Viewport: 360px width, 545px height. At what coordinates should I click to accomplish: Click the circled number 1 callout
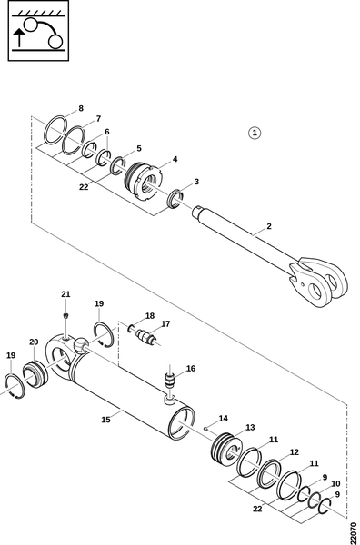point(255,133)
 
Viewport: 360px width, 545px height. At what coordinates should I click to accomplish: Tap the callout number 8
point(81,108)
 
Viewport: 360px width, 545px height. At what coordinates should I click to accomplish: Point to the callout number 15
point(105,420)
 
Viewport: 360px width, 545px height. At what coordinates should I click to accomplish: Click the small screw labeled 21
point(65,315)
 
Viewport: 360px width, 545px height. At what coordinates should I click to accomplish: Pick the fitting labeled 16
point(170,381)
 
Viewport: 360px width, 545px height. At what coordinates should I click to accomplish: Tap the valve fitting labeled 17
point(147,338)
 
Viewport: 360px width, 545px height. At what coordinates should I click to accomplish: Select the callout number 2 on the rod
point(269,226)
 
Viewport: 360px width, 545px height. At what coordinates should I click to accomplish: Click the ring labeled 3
point(175,199)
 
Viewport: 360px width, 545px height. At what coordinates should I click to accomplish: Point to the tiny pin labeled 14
point(206,428)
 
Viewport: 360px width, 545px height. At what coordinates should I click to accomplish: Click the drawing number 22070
point(354,530)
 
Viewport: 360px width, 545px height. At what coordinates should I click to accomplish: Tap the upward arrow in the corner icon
point(19,38)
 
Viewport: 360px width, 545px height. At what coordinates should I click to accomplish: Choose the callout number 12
point(295,452)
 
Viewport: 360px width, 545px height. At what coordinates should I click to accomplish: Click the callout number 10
point(335,483)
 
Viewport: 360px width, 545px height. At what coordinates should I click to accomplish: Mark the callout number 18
point(150,316)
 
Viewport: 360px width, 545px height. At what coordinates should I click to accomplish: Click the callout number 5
point(139,148)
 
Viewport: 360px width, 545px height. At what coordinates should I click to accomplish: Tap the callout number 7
point(98,118)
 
